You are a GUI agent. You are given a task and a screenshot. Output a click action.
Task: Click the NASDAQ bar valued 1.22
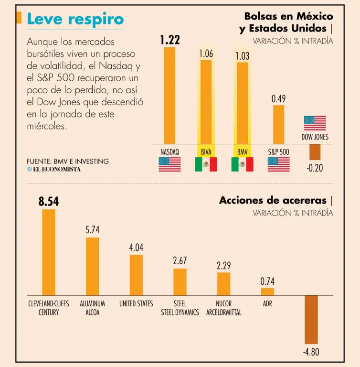click(169, 96)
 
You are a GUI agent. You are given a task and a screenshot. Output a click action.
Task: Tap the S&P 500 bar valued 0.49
click(278, 124)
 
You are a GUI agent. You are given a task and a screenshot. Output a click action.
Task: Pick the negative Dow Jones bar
click(315, 152)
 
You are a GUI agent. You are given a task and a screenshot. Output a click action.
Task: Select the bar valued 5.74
click(92, 266)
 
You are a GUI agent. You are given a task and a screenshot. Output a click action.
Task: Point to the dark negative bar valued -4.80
click(311, 320)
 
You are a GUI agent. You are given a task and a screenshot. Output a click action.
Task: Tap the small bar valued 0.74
click(267, 291)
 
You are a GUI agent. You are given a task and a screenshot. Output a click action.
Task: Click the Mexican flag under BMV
click(242, 164)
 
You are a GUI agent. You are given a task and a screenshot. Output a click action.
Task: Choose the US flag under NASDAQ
click(169, 164)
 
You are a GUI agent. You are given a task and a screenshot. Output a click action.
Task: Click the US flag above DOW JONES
click(315, 123)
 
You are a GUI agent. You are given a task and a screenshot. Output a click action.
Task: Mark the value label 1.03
click(242, 56)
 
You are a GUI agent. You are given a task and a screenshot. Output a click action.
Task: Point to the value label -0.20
click(315, 168)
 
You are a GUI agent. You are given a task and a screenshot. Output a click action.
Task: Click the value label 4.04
click(136, 248)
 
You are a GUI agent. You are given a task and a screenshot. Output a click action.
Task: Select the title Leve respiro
click(75, 19)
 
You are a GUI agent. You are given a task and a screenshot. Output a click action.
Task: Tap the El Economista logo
click(53, 169)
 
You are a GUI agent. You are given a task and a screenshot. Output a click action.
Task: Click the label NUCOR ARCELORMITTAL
click(223, 308)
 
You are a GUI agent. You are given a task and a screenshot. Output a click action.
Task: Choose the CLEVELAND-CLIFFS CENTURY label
click(49, 308)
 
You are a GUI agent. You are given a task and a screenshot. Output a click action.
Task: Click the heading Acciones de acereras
click(273, 200)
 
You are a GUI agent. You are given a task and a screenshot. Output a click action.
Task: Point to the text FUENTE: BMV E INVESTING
click(68, 162)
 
